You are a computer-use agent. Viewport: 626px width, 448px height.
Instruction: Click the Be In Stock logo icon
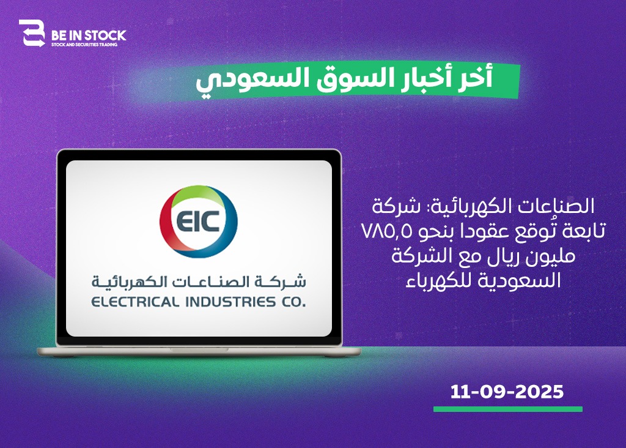[32, 33]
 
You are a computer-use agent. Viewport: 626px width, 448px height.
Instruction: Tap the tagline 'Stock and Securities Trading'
[84, 44]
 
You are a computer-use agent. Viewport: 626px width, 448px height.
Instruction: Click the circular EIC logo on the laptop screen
[199, 221]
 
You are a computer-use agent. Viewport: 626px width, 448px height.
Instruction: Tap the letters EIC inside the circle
[198, 221]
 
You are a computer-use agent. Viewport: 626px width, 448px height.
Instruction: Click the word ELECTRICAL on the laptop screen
[134, 302]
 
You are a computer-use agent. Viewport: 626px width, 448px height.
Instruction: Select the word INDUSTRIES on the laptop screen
[230, 302]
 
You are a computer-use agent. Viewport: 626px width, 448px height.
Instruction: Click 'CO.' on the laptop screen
[293, 302]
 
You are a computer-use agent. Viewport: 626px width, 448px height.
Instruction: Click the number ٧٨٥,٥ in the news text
[386, 231]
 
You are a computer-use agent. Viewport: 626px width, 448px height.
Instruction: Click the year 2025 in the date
[539, 392]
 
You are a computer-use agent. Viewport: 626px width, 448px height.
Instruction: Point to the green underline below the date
[508, 409]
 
